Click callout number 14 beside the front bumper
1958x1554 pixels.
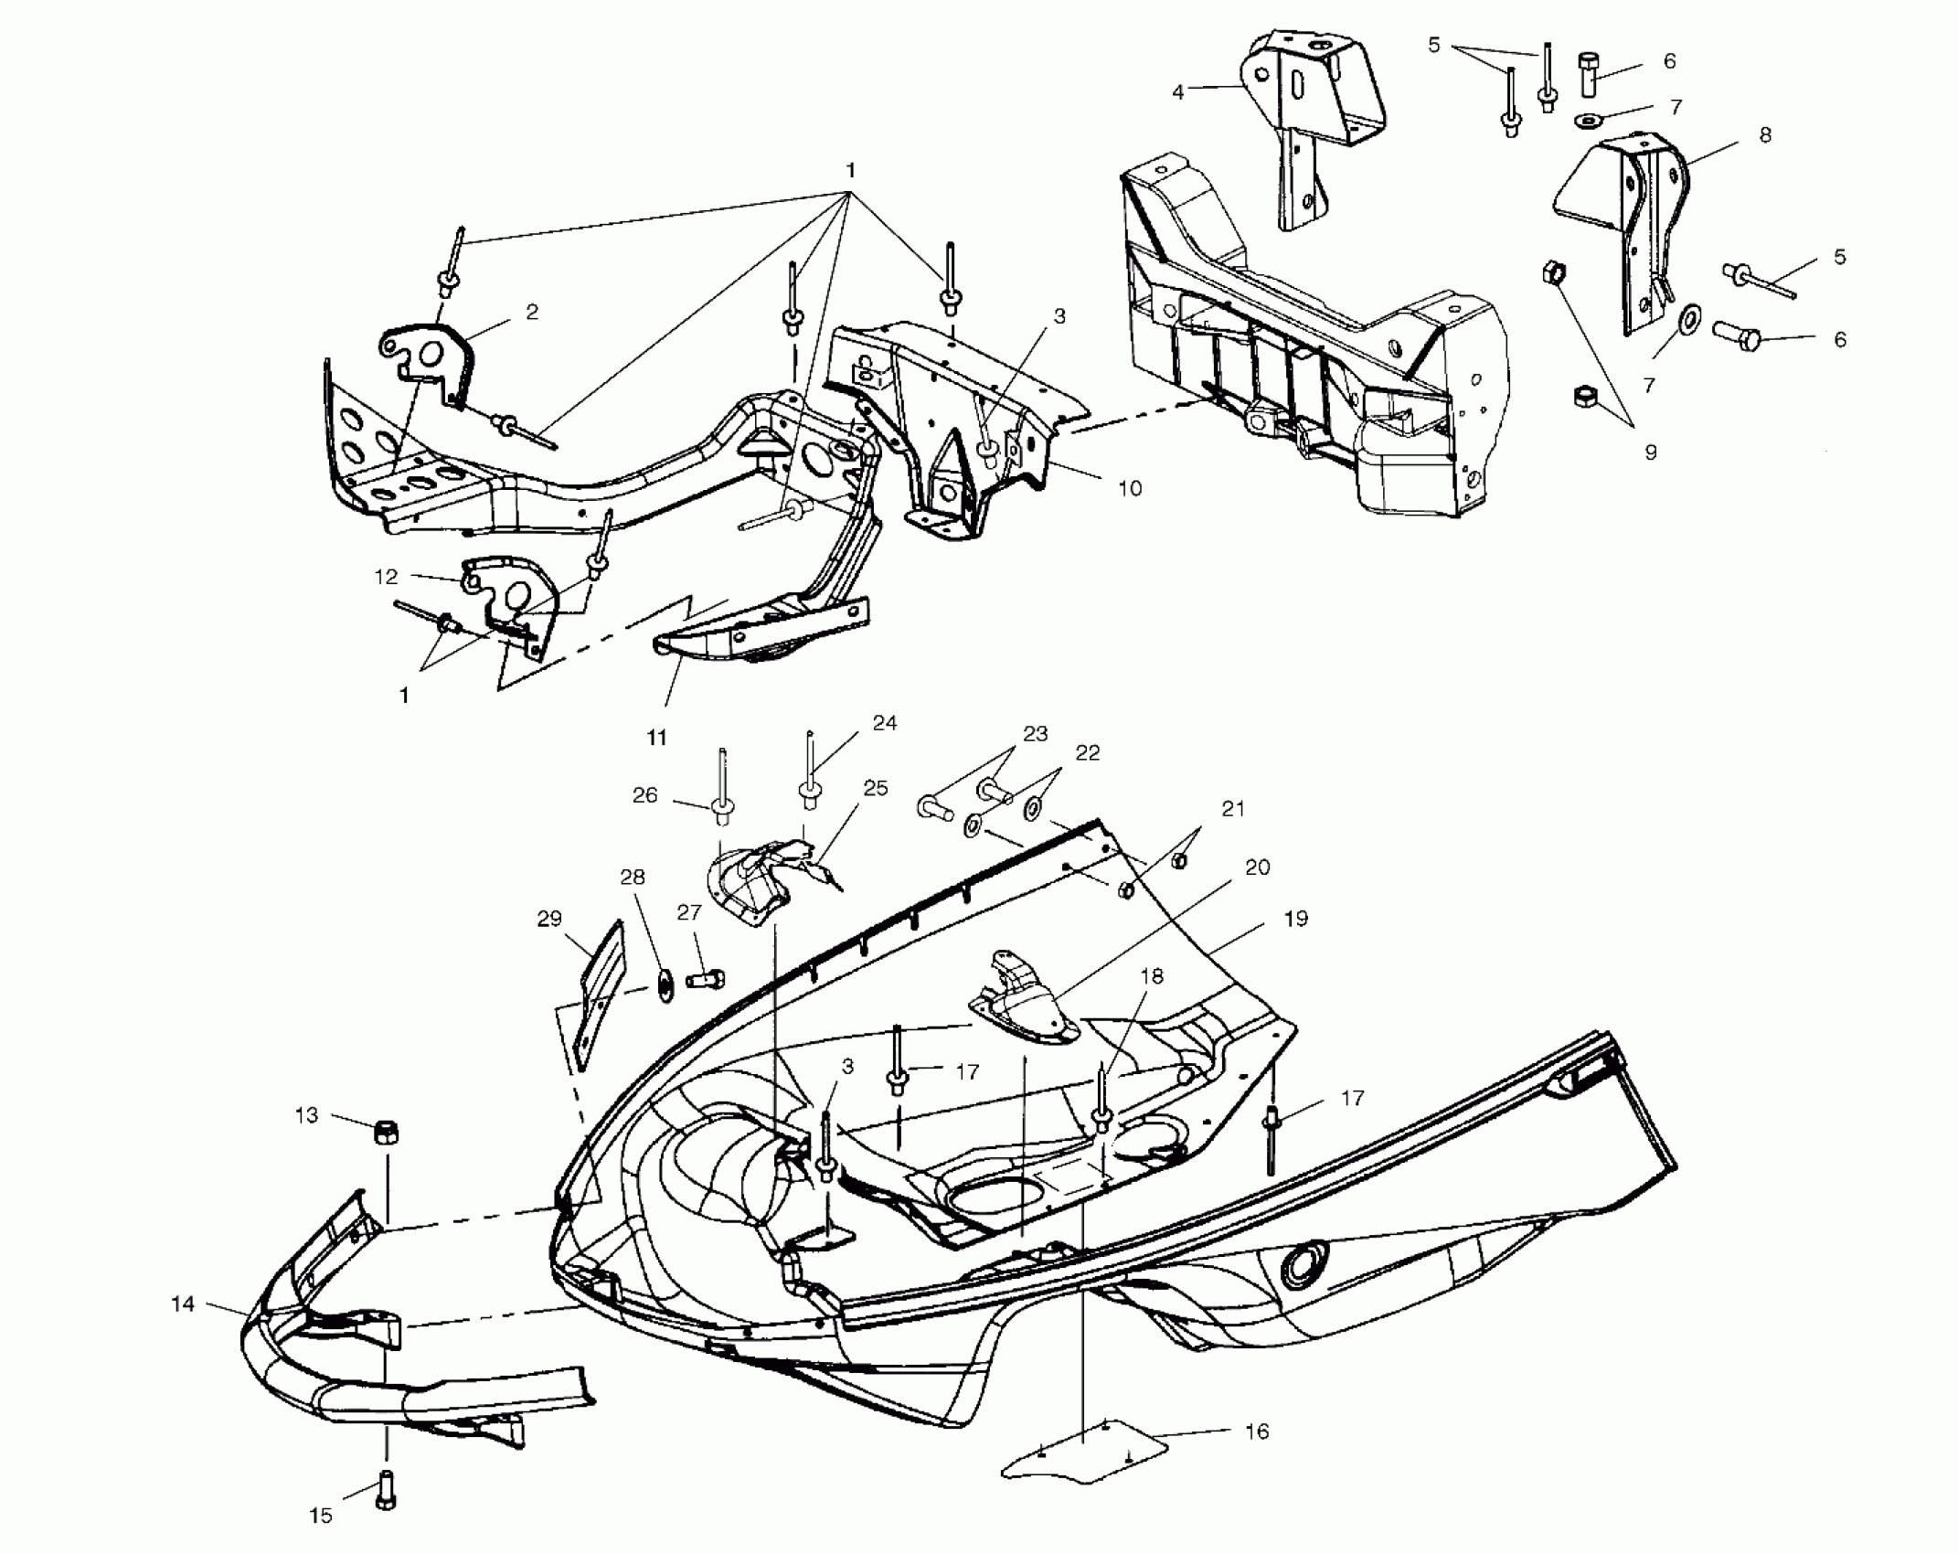tap(183, 1304)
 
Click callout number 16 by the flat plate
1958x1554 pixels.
tap(1258, 1432)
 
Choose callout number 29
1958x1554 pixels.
tap(549, 919)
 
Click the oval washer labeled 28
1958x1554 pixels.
tap(665, 988)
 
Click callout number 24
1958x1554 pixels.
tap(885, 723)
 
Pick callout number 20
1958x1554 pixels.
tap(1258, 867)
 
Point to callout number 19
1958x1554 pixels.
tap(1295, 918)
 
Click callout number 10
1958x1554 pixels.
tap(1130, 488)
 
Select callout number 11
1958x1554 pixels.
tap(657, 737)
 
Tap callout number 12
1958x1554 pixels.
tap(386, 577)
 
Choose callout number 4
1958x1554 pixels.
tap(1177, 91)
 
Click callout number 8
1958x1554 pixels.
tap(1764, 135)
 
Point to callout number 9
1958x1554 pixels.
tap(1650, 452)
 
